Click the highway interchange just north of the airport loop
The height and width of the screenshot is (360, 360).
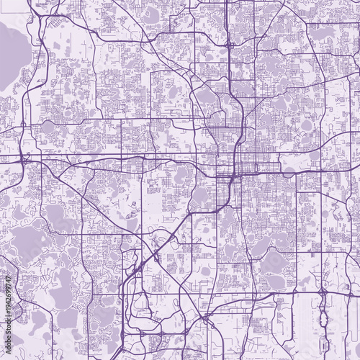click(x=322, y=294)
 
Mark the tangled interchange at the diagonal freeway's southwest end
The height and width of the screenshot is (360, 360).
click(x=136, y=272)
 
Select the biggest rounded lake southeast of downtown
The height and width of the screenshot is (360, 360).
click(x=273, y=264)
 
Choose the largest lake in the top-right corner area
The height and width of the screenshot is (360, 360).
click(x=323, y=32)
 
